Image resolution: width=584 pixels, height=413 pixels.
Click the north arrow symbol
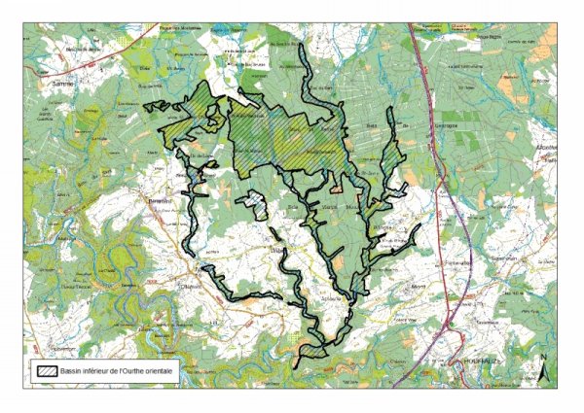point(542,369)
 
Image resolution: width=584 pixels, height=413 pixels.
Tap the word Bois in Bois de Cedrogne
point(370,125)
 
